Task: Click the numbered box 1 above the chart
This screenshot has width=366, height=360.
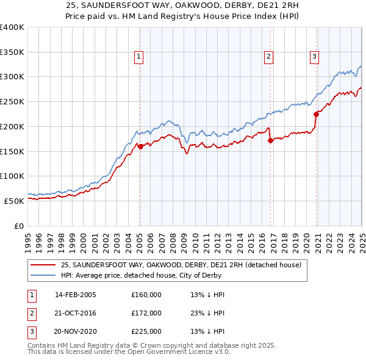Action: pyautogui.click(x=139, y=57)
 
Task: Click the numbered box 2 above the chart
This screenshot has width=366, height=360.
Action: pyautogui.click(x=268, y=57)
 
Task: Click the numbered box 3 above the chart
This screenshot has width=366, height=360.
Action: pyautogui.click(x=314, y=57)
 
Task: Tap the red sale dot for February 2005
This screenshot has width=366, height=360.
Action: pyautogui.click(x=140, y=146)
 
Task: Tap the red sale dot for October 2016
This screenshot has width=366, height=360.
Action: pyautogui.click(x=270, y=140)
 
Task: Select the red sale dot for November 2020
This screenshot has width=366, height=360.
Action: pyautogui.click(x=316, y=114)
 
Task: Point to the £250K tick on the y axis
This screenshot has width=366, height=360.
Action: pyautogui.click(x=12, y=101)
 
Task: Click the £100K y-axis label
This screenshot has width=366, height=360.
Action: pyautogui.click(x=12, y=176)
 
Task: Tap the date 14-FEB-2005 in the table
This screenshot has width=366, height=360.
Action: pyautogui.click(x=76, y=295)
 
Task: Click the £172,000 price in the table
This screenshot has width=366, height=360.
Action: pyautogui.click(x=146, y=313)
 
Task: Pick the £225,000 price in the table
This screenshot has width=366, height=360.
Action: pyautogui.click(x=146, y=331)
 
